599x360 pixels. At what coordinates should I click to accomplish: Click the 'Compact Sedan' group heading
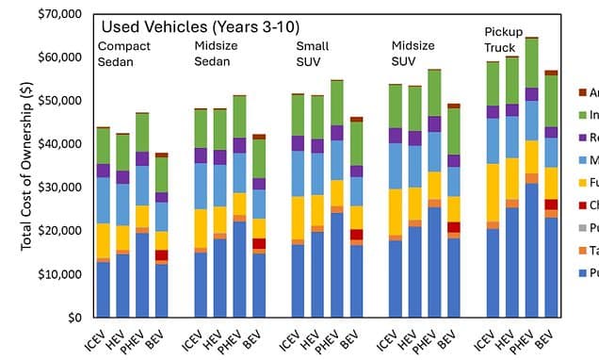pos(123,53)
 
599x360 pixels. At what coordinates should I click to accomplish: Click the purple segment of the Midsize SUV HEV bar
pos(414,138)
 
